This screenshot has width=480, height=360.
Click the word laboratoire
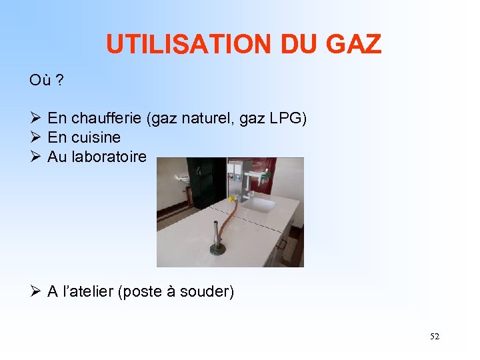coord(113,157)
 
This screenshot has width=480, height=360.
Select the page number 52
coord(435,337)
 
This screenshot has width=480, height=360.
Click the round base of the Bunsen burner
coord(218,250)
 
